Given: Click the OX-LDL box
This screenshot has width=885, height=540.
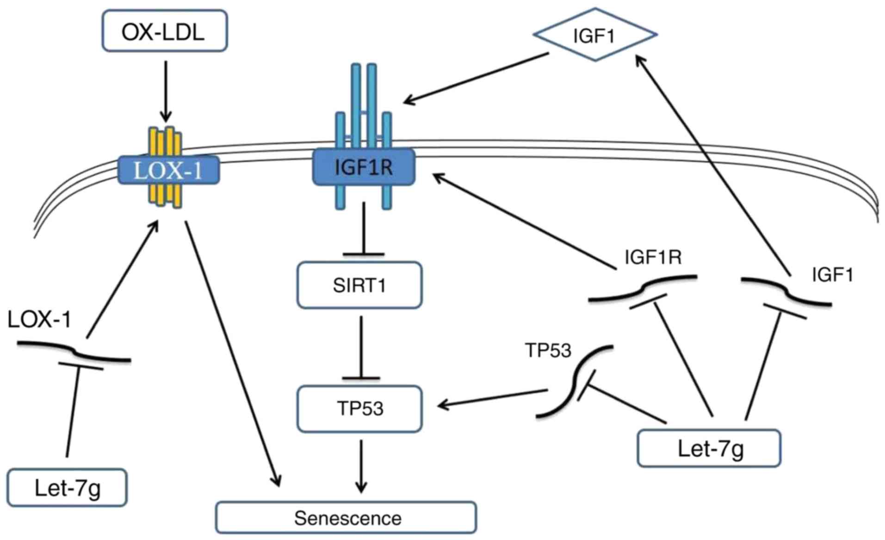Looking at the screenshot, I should pos(164,31).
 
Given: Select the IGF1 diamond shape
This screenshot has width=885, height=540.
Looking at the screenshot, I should pos(594,35).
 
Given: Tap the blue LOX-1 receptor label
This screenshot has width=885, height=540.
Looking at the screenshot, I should pos(167,171).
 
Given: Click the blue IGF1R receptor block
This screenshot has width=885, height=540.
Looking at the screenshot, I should pos(364,167).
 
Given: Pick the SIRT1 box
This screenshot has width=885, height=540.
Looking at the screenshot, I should pos(359,285).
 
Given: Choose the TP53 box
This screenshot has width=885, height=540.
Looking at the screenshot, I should pos(359,409).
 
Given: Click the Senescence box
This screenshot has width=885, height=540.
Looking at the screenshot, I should pos(346,518).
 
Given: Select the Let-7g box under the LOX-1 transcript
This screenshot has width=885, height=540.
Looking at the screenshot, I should pos(67,488).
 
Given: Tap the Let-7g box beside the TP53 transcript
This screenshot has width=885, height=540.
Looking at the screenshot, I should pos(709,448).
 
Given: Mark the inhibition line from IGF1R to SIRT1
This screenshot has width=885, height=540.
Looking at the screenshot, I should pos(364,229).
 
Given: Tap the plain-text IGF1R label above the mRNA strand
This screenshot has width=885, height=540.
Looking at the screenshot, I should pos(653,258).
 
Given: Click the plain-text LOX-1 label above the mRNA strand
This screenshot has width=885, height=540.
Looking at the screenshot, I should pos(39,319).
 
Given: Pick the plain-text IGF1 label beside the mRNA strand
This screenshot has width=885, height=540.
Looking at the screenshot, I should pos(832,275).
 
